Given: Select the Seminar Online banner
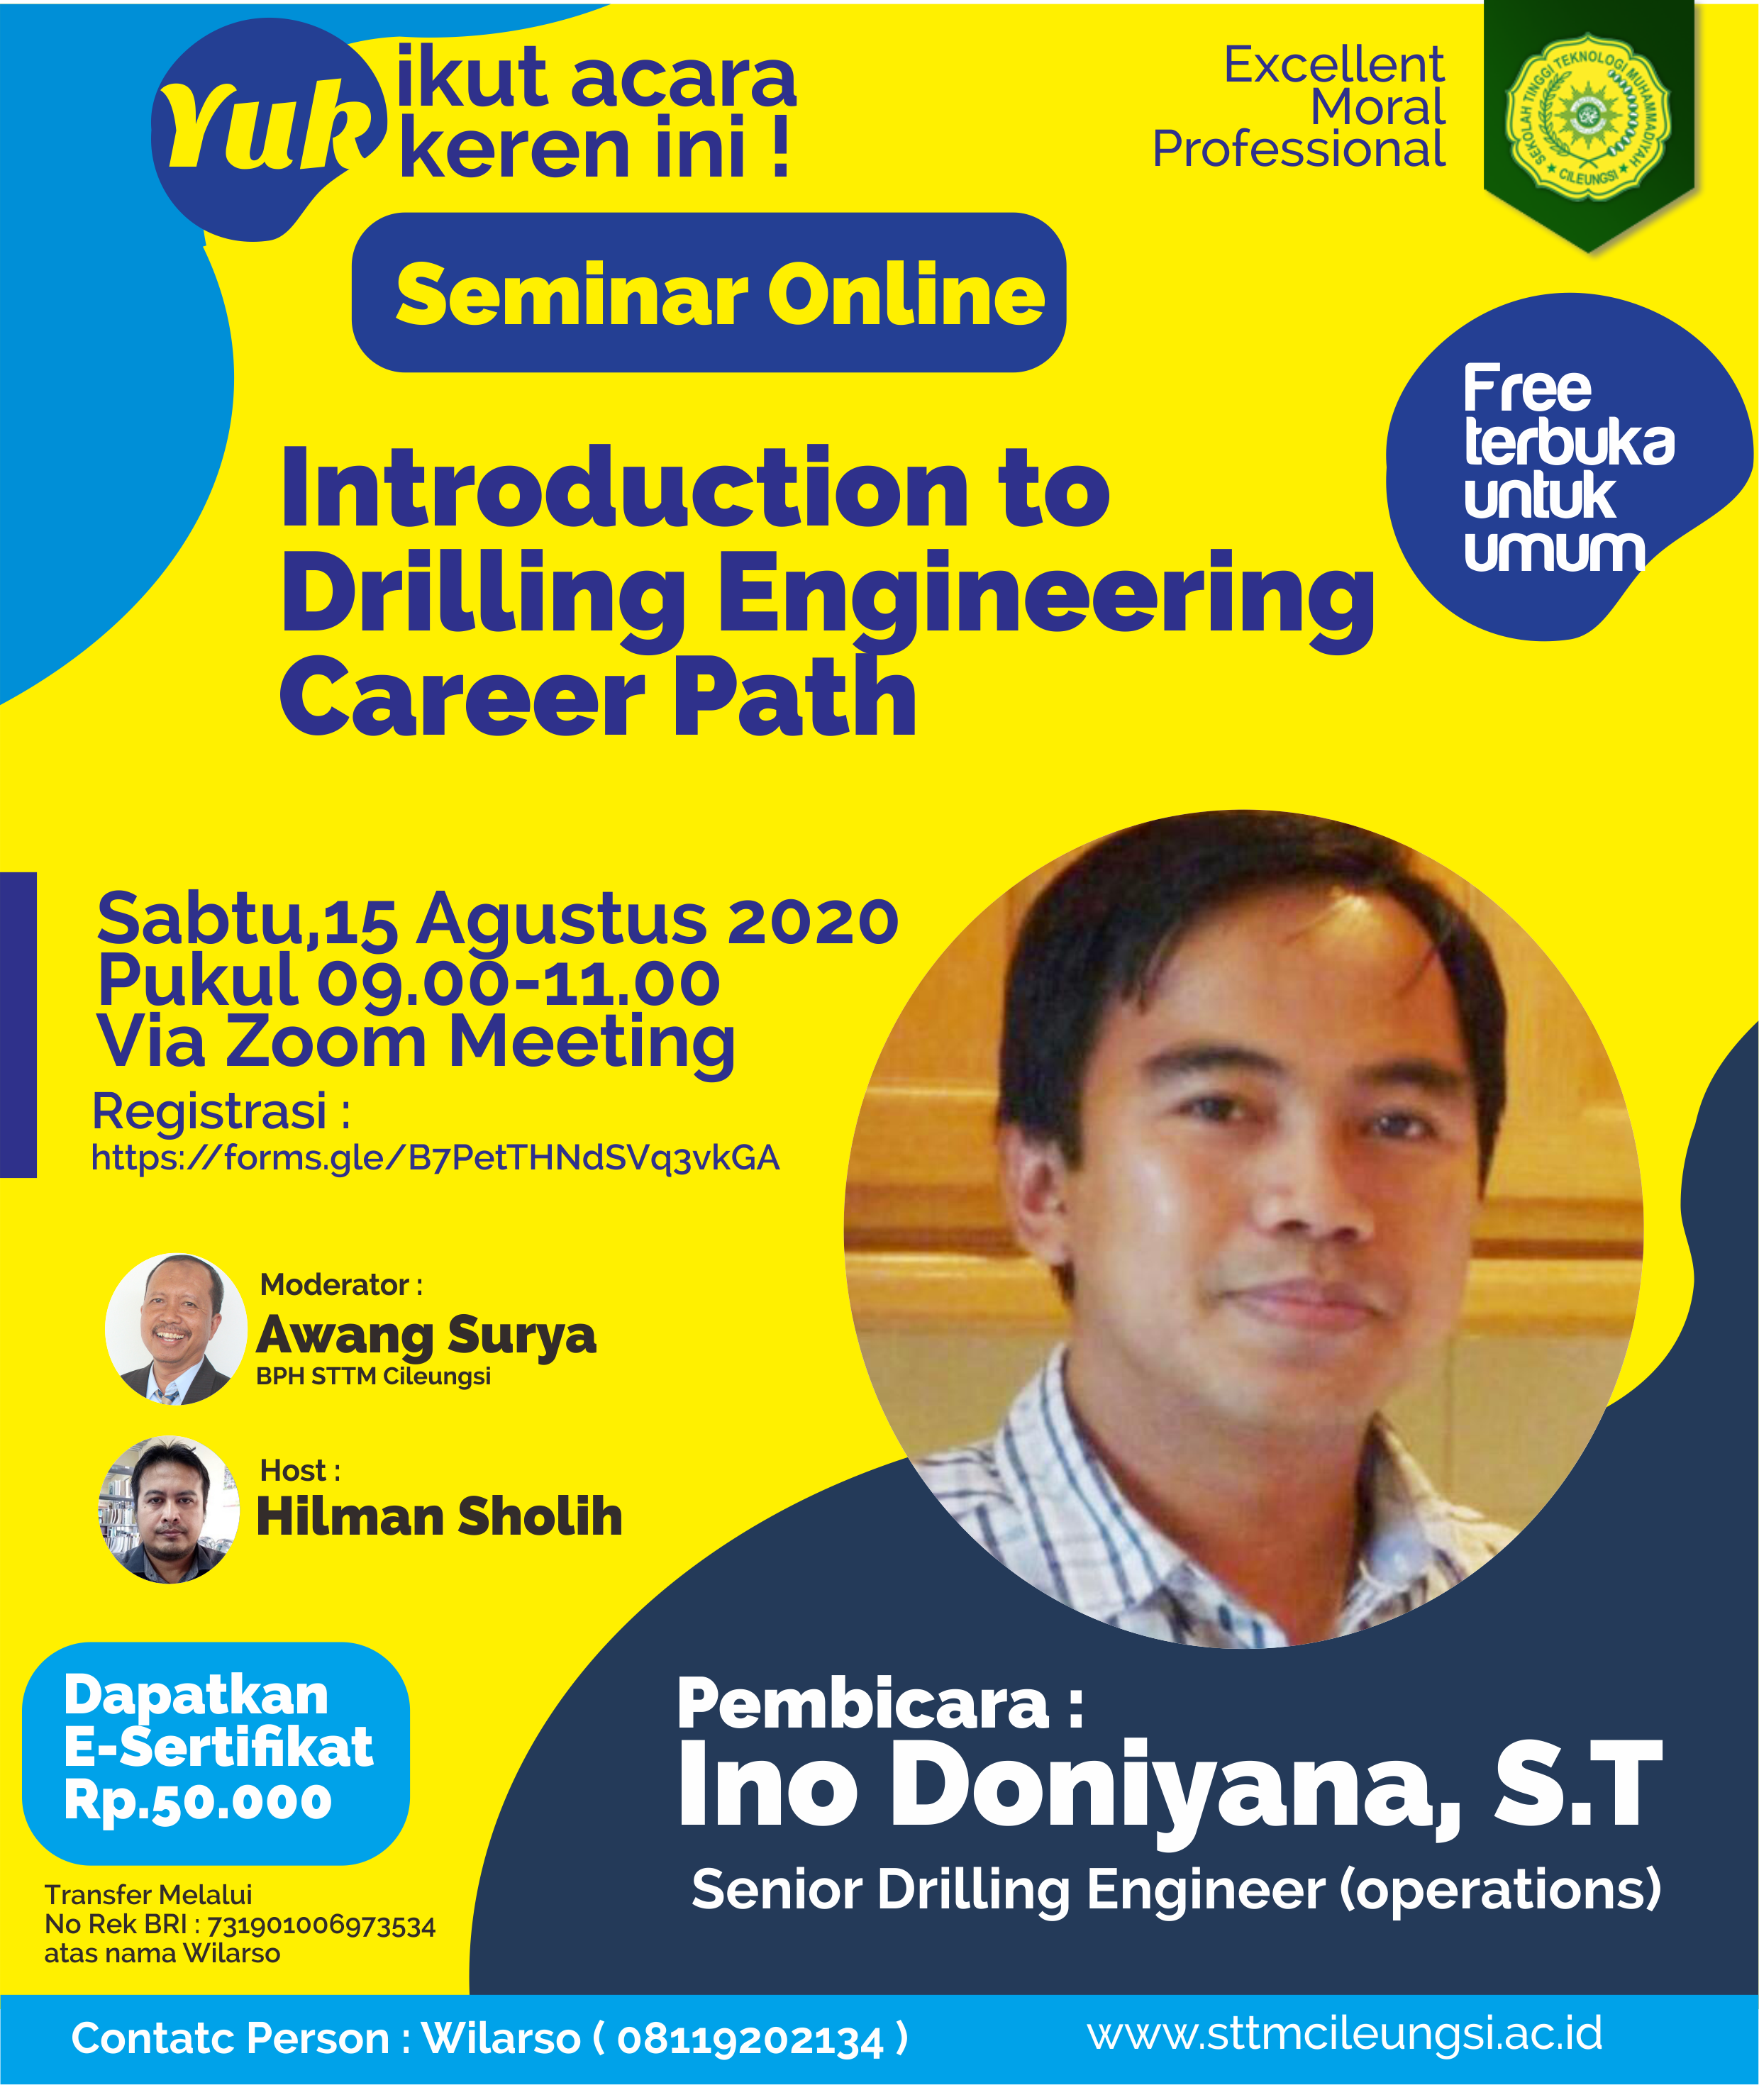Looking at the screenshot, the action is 709,292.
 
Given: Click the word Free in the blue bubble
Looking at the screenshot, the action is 1526,388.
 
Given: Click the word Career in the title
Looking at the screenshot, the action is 462,698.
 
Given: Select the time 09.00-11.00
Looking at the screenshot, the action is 518,982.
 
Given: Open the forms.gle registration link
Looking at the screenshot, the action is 435,1157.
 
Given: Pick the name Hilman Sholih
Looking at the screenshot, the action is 440,1517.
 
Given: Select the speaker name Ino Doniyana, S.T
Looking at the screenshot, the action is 1170,1785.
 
